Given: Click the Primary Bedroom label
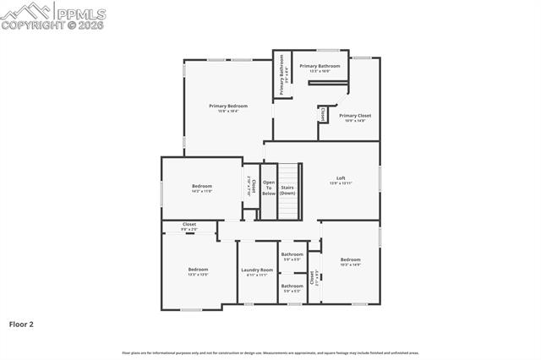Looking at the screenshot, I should [x=228, y=106].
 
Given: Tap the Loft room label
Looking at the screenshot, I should [x=341, y=178].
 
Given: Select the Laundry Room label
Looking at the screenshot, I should [x=257, y=270].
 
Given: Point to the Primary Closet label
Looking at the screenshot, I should [x=355, y=116].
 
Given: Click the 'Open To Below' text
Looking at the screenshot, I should [x=269, y=188].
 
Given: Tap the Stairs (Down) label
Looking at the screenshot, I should [x=287, y=190].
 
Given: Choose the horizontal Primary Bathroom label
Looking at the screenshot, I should [x=320, y=66].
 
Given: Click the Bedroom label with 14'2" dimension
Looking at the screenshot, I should [x=201, y=186].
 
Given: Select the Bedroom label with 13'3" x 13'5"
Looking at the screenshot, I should [x=198, y=270].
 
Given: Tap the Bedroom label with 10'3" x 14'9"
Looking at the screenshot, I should [x=350, y=259].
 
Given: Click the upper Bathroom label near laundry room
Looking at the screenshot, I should [x=292, y=254].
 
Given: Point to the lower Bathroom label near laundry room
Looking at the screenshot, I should [x=292, y=286].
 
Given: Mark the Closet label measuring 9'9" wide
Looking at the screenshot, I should [x=189, y=225].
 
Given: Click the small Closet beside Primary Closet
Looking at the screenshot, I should [x=323, y=112].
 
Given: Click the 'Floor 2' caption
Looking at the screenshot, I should [x=21, y=324].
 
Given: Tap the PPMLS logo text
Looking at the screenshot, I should [x=82, y=12].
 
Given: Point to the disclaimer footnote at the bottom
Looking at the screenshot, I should [x=270, y=352].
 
